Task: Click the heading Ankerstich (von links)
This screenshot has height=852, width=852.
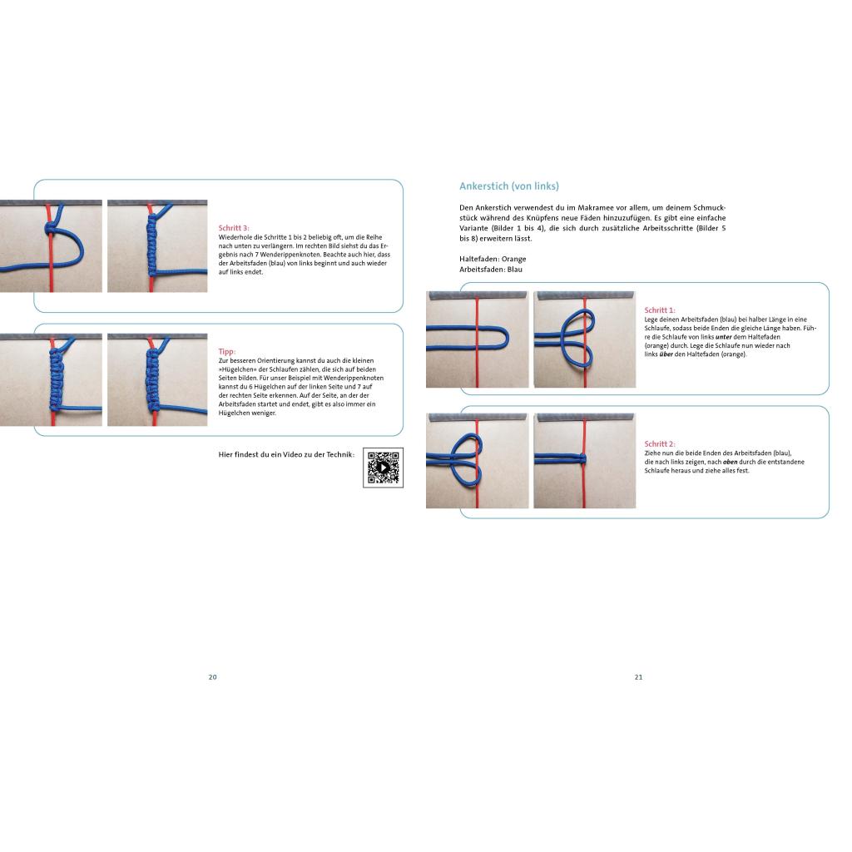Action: (x=508, y=186)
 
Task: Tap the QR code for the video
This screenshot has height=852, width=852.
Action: (x=383, y=468)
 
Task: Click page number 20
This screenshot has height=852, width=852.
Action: (x=212, y=677)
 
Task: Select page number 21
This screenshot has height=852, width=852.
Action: (x=638, y=677)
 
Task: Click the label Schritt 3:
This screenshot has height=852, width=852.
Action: (x=234, y=228)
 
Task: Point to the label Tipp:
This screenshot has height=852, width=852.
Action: (x=226, y=351)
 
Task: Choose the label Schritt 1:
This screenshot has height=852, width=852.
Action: (x=660, y=310)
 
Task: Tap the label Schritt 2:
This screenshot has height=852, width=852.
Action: (x=660, y=443)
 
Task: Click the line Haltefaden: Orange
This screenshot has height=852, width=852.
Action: (x=493, y=259)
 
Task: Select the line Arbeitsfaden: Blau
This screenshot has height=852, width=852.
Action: (x=491, y=269)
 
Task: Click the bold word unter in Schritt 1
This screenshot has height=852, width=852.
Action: (x=723, y=337)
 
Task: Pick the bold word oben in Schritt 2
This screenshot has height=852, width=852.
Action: (x=731, y=462)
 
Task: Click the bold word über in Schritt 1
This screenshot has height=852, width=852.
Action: (x=666, y=354)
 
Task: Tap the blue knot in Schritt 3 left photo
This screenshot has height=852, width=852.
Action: (x=51, y=229)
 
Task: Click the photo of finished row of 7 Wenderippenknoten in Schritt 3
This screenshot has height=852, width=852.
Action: (x=157, y=246)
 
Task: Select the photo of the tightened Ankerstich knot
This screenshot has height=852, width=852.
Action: (x=585, y=461)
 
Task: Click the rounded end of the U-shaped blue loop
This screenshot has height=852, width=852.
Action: (x=505, y=339)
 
